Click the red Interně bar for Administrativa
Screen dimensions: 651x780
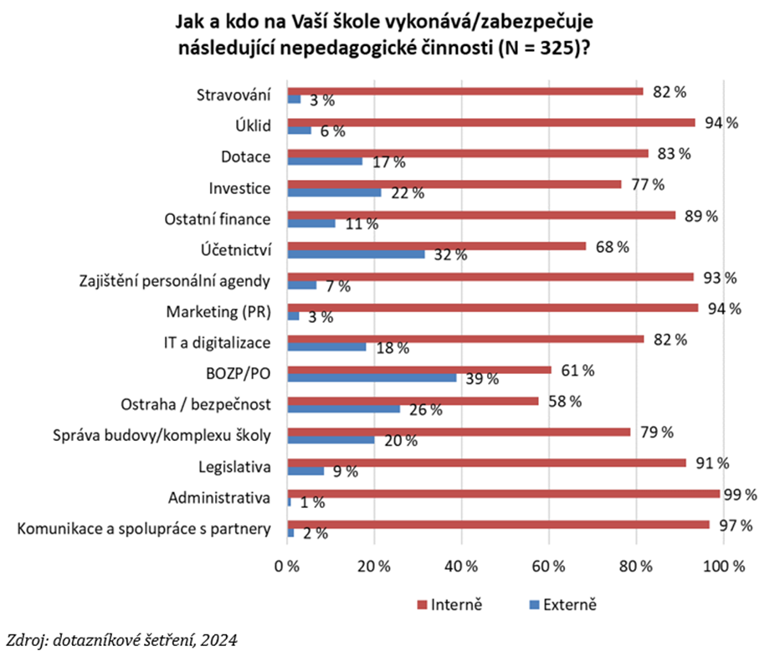pyautogui.click(x=503, y=494)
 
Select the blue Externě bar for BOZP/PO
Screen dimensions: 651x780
pyautogui.click(x=372, y=378)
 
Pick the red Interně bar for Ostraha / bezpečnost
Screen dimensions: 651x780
pyautogui.click(x=413, y=401)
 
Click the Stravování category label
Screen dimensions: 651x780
pyautogui.click(x=234, y=95)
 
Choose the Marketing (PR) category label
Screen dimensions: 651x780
pyautogui.click(x=224, y=311)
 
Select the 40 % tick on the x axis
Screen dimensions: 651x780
pyautogui.click(x=461, y=566)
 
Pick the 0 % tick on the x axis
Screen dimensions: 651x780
pyautogui.click(x=287, y=566)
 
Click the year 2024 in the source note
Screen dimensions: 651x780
pyautogui.click(x=218, y=640)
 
